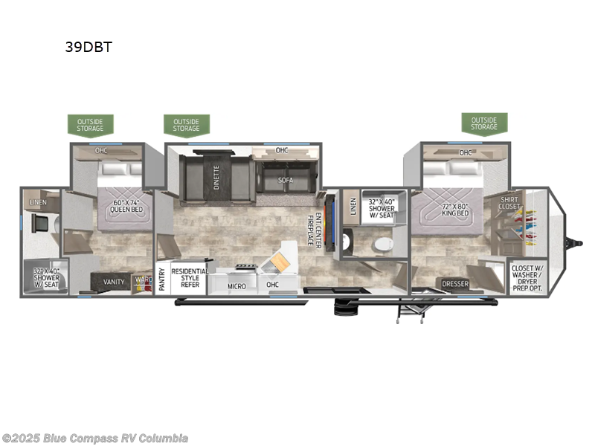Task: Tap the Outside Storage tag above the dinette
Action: [x=187, y=125]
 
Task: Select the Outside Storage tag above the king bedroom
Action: [x=483, y=123]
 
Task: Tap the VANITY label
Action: [x=114, y=282]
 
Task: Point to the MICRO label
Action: [x=237, y=285]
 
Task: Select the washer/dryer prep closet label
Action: [x=527, y=277]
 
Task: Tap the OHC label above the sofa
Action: [x=282, y=151]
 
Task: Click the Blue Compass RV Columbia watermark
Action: [x=95, y=438]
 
